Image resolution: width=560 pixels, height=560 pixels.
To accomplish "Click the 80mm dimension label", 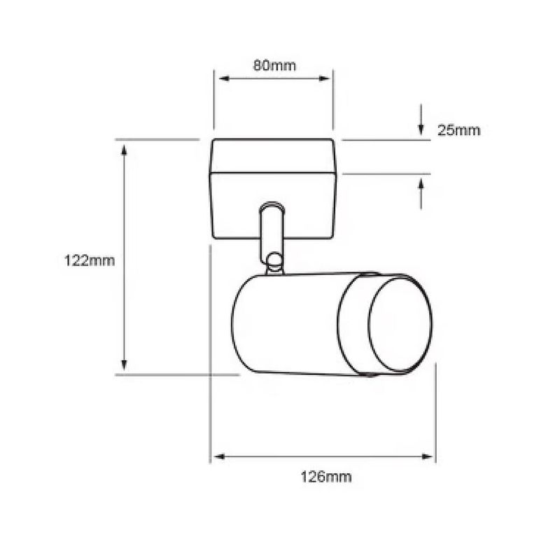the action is pyautogui.click(x=274, y=66).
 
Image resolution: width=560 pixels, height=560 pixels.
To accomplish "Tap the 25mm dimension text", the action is pyautogui.click(x=459, y=130).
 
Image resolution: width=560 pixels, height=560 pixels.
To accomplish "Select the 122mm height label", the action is pyautogui.click(x=90, y=260).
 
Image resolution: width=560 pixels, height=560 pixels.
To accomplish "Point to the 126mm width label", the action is pyautogui.click(x=325, y=477).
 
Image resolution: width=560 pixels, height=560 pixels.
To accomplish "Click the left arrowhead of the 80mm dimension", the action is pyautogui.click(x=223, y=78).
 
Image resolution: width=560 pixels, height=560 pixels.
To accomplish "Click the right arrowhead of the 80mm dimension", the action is pyautogui.click(x=324, y=78).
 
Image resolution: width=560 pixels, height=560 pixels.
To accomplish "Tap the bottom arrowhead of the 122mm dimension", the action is pyautogui.click(x=124, y=365).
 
